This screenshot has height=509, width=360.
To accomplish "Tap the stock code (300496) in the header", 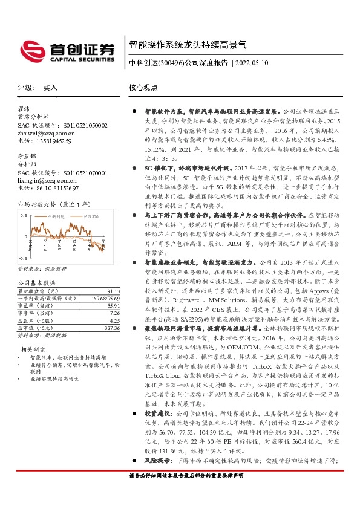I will [169, 63].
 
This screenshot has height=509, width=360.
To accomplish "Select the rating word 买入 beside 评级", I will [50, 88].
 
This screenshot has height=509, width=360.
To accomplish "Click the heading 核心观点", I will [143, 88].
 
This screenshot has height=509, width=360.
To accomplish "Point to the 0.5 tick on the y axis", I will [24, 215].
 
